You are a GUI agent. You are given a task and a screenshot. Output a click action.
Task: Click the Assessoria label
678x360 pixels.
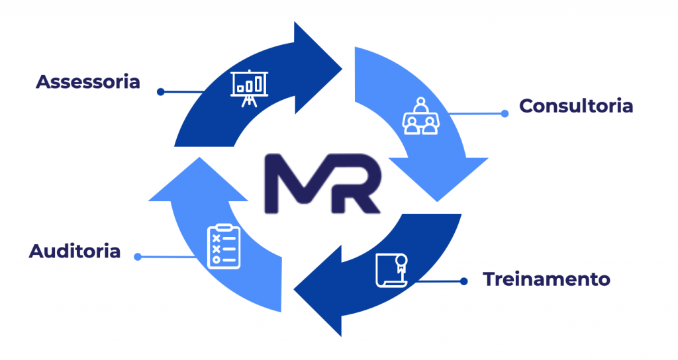point(88,82)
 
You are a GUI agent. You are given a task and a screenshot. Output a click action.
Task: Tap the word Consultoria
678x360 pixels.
point(576,106)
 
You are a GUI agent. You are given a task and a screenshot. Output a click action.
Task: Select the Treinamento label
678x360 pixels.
point(546,279)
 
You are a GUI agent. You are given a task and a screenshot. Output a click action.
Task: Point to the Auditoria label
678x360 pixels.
point(75,251)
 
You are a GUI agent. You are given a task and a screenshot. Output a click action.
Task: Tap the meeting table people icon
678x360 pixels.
point(420,116)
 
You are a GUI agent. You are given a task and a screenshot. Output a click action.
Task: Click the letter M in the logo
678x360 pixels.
point(295,184)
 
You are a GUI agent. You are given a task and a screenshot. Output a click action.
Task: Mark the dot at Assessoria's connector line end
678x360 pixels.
point(160,92)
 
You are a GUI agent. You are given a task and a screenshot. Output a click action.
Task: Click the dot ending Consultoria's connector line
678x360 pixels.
point(505,113)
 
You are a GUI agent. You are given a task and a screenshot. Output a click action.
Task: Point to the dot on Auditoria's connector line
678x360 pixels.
point(138,256)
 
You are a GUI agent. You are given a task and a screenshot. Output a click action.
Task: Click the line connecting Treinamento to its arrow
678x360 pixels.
point(437,281)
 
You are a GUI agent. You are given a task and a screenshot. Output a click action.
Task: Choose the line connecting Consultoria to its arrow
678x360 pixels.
point(477,114)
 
